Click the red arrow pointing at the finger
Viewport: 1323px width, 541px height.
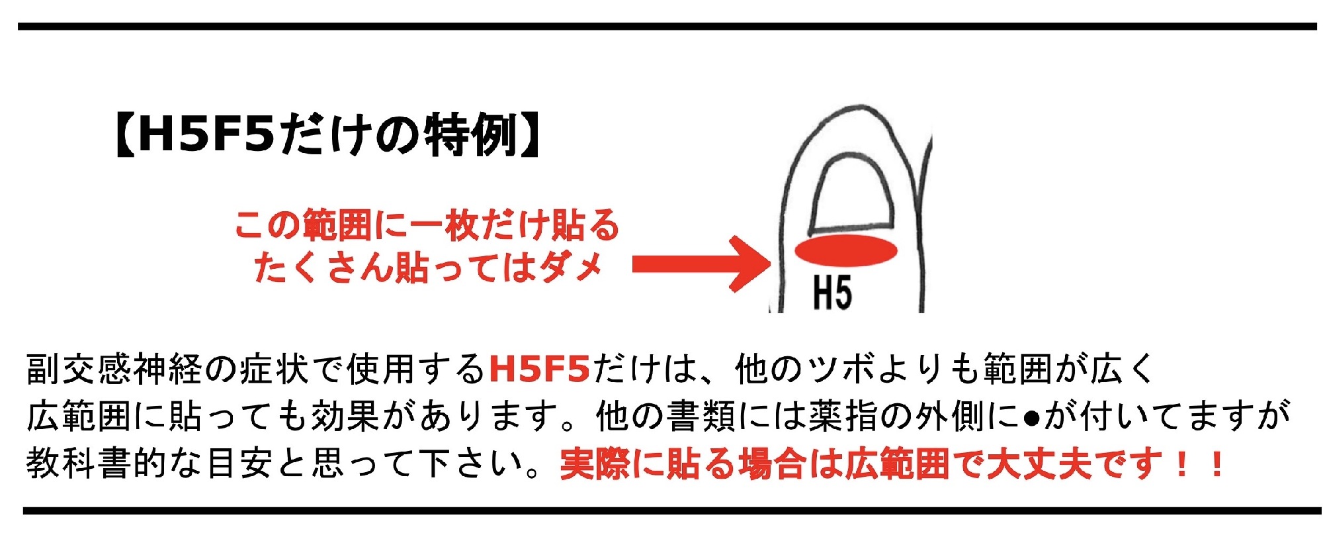click(701, 264)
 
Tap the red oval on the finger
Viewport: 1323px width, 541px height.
click(845, 250)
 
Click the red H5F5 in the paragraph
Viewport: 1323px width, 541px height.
click(539, 369)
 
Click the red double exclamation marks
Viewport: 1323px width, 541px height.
click(1199, 464)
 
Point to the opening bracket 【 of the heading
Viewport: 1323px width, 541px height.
click(124, 134)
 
